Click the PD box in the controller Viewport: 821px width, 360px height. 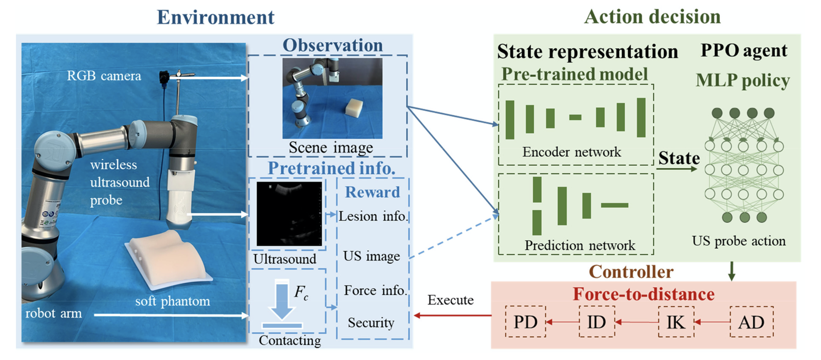[x=525, y=321]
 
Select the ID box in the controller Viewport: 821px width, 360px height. [x=596, y=321]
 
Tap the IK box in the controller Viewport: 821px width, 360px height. [x=676, y=321]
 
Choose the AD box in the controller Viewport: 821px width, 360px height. [x=751, y=321]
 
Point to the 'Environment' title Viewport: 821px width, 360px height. [x=215, y=17]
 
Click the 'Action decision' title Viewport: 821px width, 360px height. [x=652, y=17]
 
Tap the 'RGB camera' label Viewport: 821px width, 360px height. [x=104, y=76]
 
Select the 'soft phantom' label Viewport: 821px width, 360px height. [x=172, y=301]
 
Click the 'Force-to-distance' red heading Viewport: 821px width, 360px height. [x=643, y=294]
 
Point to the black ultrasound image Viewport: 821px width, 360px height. [x=289, y=214]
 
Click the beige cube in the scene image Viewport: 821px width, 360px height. [x=354, y=107]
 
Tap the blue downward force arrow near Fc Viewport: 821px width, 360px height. [x=282, y=300]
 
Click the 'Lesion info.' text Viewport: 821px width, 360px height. [x=373, y=216]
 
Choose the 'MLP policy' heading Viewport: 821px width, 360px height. [x=743, y=80]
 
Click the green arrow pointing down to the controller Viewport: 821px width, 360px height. [x=732, y=271]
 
